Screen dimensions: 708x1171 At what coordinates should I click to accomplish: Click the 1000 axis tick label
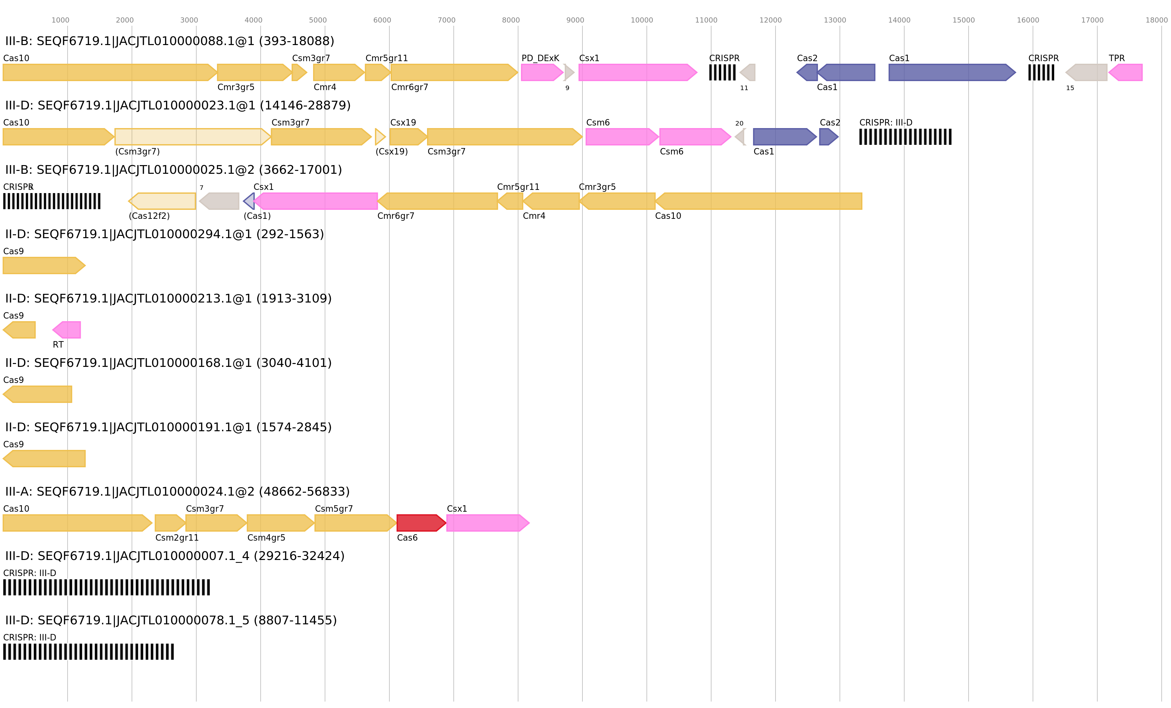click(x=60, y=20)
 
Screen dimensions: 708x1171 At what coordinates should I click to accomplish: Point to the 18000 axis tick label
click(x=1156, y=20)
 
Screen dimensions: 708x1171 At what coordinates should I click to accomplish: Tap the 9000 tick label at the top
click(x=575, y=20)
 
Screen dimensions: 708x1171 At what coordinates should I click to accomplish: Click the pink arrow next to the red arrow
click(x=487, y=523)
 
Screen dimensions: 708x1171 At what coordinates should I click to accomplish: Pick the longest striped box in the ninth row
click(x=107, y=587)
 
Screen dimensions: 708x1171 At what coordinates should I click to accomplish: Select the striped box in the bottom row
click(x=88, y=651)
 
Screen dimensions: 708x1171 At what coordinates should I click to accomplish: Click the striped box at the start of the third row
click(x=52, y=201)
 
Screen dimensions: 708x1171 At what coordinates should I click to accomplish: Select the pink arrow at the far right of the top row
click(x=1126, y=72)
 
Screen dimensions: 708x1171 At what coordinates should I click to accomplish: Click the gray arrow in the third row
click(x=219, y=201)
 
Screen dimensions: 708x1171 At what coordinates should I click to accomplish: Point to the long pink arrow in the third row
click(x=316, y=201)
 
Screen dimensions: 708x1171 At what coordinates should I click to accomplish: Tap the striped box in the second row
click(x=905, y=137)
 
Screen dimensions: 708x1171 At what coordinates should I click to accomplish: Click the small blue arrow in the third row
click(x=249, y=201)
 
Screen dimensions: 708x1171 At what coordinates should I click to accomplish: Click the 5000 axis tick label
click(x=318, y=20)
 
